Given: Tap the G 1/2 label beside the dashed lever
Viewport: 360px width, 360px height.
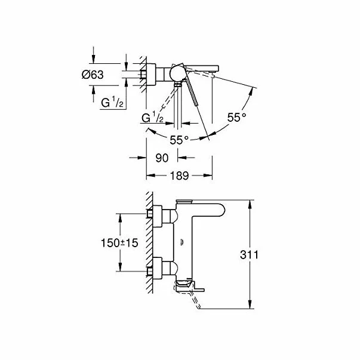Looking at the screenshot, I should pos(153,118).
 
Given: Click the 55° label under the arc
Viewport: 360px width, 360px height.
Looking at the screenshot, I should pos(179,139).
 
